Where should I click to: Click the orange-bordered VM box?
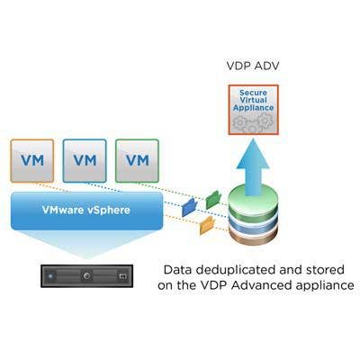[32, 161]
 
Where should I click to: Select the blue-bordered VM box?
[85, 161]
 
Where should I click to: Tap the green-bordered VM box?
[137, 161]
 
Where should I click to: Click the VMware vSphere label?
[86, 210]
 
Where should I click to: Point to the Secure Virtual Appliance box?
[254, 110]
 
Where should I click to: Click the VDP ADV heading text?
[253, 66]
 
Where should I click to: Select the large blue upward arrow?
[253, 167]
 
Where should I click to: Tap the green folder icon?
[213, 200]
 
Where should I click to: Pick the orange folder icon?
[207, 225]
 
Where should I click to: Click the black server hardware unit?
[86, 276]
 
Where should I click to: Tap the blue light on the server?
[50, 275]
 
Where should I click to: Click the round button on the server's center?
[86, 275]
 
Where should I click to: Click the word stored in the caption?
[325, 270]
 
